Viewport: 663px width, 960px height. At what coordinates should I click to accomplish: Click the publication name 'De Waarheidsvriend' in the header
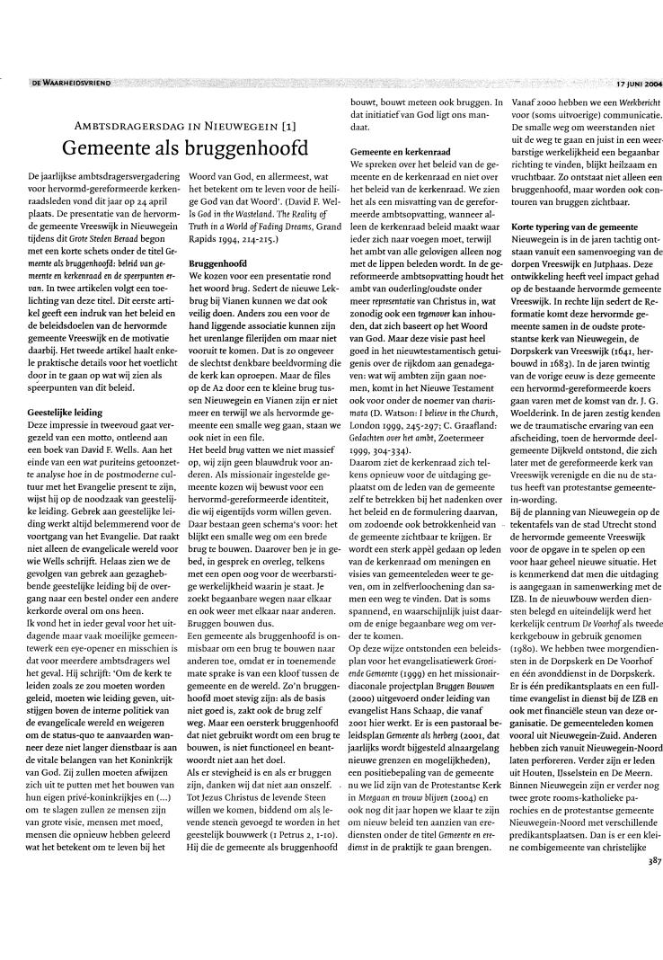(x=71, y=82)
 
